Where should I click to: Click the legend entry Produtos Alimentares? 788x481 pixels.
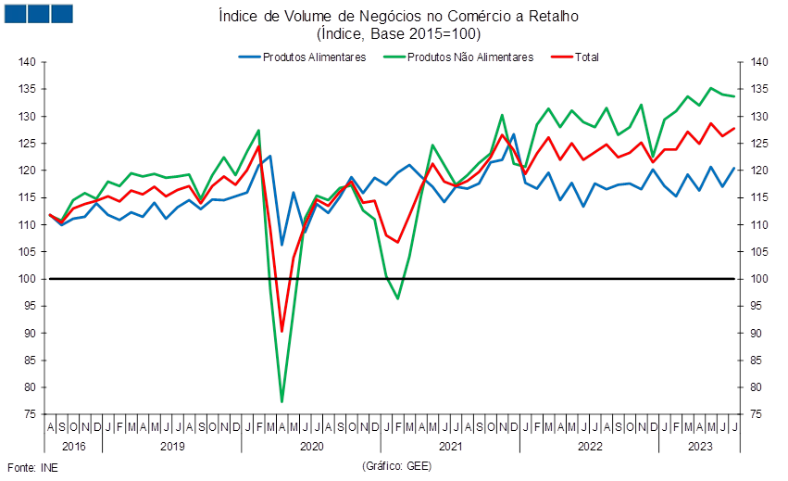[303, 57]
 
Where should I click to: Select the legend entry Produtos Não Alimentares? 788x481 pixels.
[458, 57]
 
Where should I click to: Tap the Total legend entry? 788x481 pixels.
[575, 57]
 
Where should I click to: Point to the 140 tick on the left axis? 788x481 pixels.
[27, 62]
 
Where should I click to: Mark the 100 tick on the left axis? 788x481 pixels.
[27, 279]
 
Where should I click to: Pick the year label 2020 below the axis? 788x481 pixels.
[311, 447]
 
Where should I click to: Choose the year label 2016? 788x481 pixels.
[74, 447]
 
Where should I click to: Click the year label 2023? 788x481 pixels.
[700, 447]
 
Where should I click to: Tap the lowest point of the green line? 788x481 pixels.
[281, 401]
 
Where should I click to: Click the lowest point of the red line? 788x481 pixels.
[281, 332]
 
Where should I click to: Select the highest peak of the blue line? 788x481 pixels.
[513, 134]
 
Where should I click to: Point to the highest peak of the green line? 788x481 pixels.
[711, 88]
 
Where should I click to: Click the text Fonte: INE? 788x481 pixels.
[32, 468]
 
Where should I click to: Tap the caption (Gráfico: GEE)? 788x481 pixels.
[396, 466]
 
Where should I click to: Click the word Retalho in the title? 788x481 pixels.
[554, 16]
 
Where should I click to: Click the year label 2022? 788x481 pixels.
[590, 447]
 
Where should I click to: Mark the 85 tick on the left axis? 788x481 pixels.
[30, 361]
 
